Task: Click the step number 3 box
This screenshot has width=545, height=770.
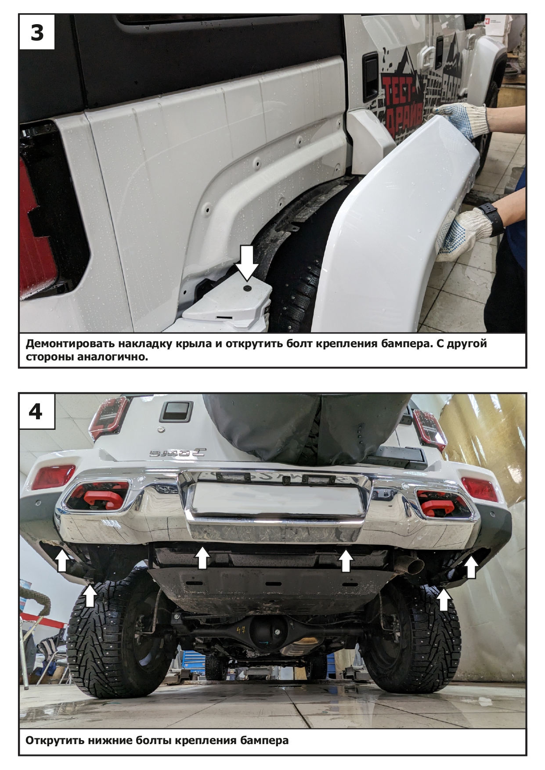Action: [x=37, y=32]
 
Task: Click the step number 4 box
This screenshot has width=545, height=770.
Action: [x=37, y=411]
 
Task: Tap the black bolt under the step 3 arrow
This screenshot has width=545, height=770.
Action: [x=247, y=288]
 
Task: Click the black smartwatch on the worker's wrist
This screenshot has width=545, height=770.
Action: [x=493, y=218]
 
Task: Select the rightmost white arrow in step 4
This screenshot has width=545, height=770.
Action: [x=471, y=567]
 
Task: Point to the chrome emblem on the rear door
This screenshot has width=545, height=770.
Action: [x=177, y=453]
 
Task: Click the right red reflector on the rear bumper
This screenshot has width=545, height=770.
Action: [x=479, y=489]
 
